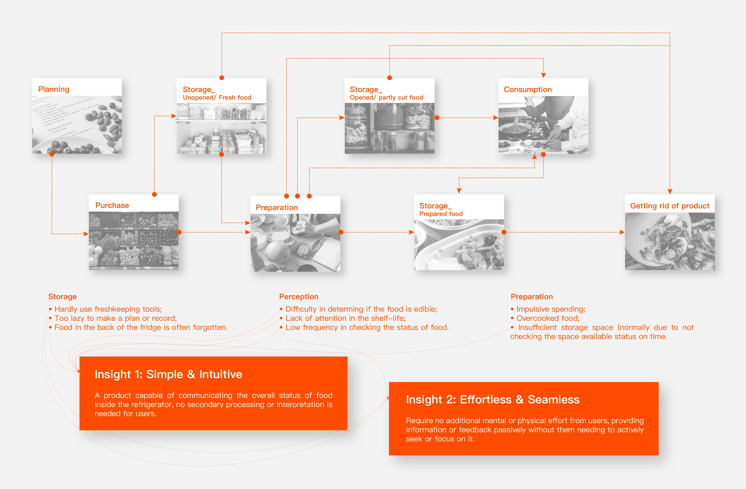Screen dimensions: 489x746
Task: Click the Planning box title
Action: [x=54, y=89]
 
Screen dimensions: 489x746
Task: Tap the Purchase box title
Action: [x=112, y=205]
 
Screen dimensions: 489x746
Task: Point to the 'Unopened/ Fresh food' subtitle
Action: [x=217, y=97]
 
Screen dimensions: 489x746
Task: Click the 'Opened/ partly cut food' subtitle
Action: [x=386, y=97]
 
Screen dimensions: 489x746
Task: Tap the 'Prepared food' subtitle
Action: [x=441, y=214]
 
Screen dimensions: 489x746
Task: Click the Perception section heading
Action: [x=298, y=297]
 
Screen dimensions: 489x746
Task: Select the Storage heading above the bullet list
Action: [x=62, y=297]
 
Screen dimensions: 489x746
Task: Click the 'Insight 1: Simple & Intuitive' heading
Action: [x=168, y=374]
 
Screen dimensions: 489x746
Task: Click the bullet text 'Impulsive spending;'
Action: [x=551, y=309]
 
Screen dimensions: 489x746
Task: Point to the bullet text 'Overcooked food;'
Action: [x=548, y=318]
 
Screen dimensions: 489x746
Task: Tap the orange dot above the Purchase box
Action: [x=154, y=194]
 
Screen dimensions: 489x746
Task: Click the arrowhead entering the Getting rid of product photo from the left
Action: [x=622, y=232]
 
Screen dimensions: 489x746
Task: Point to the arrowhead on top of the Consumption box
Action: [x=543, y=75]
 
